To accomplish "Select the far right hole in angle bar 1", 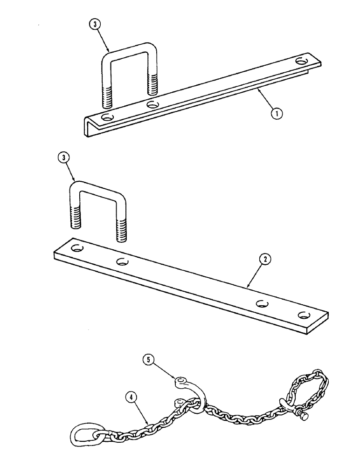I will click(302, 61).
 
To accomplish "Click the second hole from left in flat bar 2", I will click(122, 261).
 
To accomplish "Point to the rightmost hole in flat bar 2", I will click(305, 315).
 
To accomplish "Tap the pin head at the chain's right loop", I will click(305, 417).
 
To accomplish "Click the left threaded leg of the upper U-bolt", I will click(105, 93).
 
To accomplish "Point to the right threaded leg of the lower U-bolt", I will click(121, 228).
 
